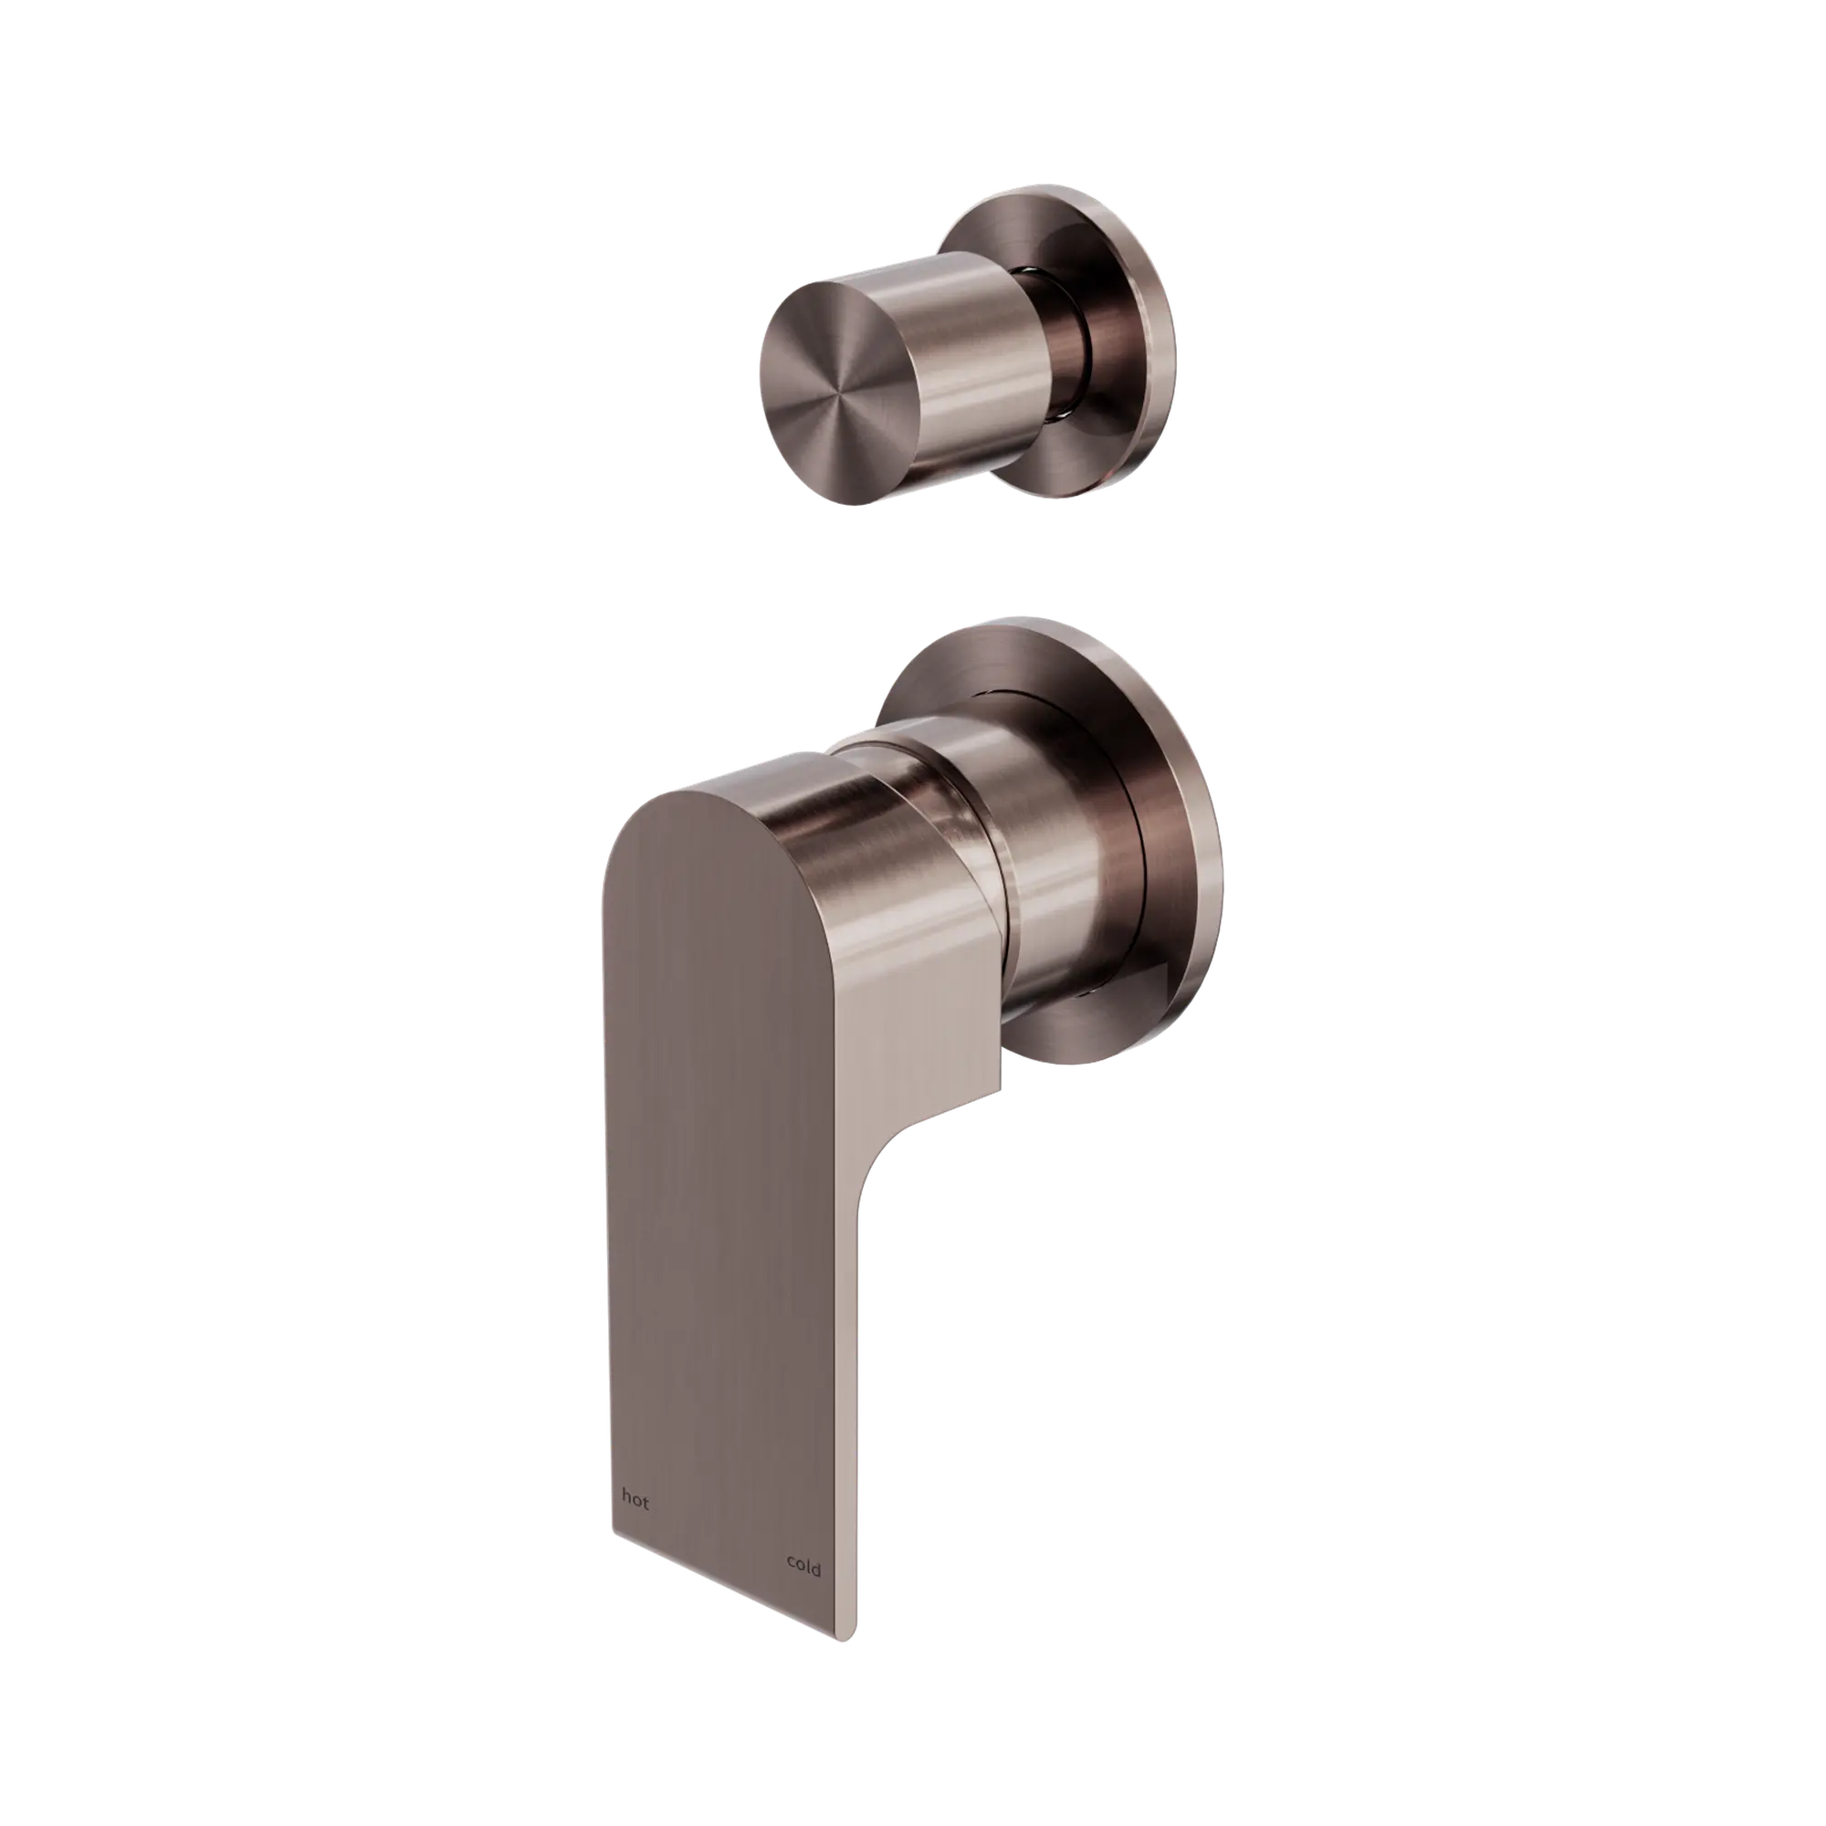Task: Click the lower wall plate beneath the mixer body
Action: coord(1068,1040)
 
